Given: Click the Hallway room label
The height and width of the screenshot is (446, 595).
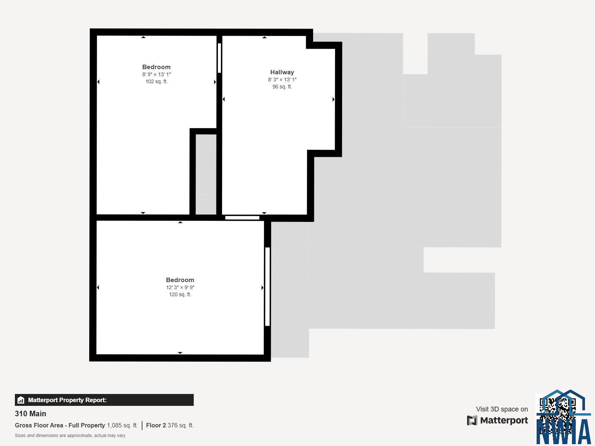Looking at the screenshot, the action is click(282, 72).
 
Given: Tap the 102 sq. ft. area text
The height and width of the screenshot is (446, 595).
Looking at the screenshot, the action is click(157, 81).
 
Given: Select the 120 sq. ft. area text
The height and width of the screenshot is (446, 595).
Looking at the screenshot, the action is click(180, 294).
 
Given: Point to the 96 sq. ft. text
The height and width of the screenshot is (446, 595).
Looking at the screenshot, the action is click(282, 87).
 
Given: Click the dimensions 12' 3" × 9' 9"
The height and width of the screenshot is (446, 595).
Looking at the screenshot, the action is click(180, 287).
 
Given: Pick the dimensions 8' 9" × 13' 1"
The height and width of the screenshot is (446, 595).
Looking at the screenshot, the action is click(157, 74).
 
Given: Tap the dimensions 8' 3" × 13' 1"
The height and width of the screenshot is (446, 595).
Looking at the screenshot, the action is click(282, 79).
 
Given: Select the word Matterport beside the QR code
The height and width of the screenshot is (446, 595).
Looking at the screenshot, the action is click(504, 420).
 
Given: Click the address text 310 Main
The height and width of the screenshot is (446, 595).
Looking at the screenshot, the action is click(30, 414).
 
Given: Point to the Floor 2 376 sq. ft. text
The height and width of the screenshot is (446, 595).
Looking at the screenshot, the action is click(170, 425).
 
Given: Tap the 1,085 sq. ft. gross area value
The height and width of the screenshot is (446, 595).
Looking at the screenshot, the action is click(122, 425).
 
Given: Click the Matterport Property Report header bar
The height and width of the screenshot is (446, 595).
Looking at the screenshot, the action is click(104, 400).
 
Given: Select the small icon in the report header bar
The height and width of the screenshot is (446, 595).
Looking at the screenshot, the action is click(21, 400).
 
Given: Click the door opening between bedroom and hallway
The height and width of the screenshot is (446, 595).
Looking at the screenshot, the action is click(219, 58).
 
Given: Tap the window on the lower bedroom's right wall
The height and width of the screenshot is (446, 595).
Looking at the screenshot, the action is click(267, 287).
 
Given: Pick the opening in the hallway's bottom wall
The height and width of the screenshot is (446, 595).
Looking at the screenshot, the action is click(242, 218).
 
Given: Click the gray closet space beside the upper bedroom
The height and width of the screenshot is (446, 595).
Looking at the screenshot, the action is click(206, 174).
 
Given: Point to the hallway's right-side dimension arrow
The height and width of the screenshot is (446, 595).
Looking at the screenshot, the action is click(334, 99).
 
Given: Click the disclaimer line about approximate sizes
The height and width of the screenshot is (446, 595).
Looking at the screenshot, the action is click(70, 436).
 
